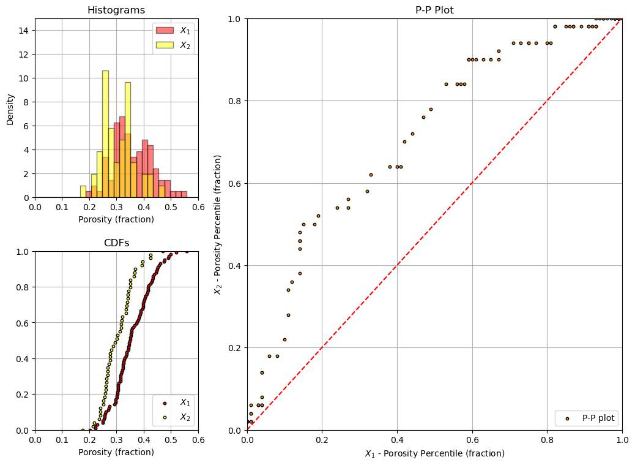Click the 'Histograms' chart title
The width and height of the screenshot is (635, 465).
pos(116,10)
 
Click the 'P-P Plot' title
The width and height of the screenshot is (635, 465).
pos(434,10)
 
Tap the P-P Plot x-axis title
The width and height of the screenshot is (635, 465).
pos(434,453)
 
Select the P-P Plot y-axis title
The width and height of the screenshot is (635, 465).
pos(218,224)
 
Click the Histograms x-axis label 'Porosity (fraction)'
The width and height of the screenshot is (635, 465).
pos(116,219)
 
